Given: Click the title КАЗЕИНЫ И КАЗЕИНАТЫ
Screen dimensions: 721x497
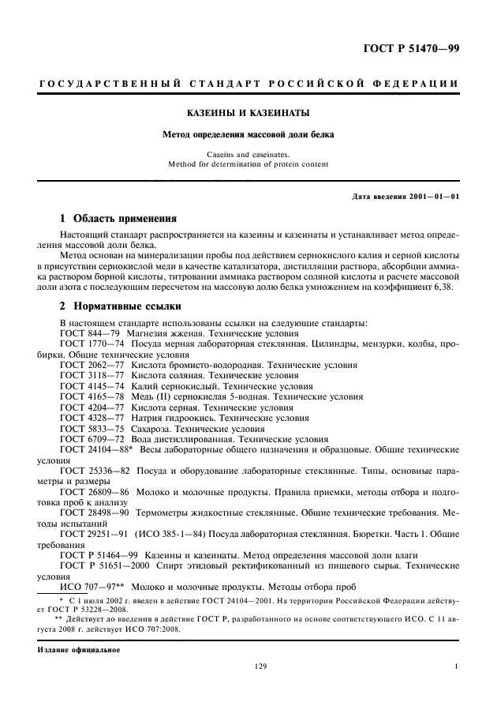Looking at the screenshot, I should tap(248, 113).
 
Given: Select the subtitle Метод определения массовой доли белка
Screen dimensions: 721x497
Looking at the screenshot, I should tap(248, 134).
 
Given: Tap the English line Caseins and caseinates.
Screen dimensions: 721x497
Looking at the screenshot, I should tap(248, 155).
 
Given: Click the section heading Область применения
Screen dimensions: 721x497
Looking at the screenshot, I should tap(125, 218).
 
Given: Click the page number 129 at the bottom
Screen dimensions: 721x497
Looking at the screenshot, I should tap(261, 667).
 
